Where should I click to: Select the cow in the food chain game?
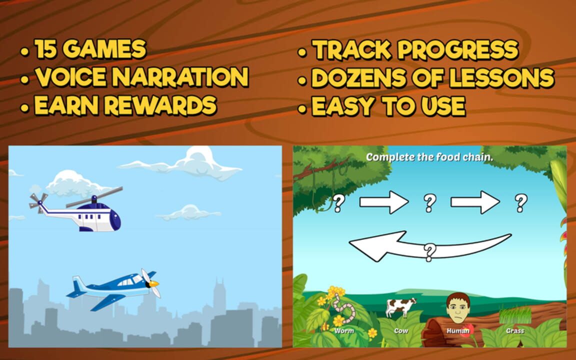(x=401, y=306)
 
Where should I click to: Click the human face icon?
(x=458, y=308)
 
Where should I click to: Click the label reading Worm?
(x=344, y=330)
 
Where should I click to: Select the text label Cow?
(x=401, y=330)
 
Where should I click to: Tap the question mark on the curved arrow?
(x=429, y=252)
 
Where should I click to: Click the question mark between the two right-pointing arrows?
(x=429, y=203)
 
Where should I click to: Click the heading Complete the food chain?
(x=429, y=157)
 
